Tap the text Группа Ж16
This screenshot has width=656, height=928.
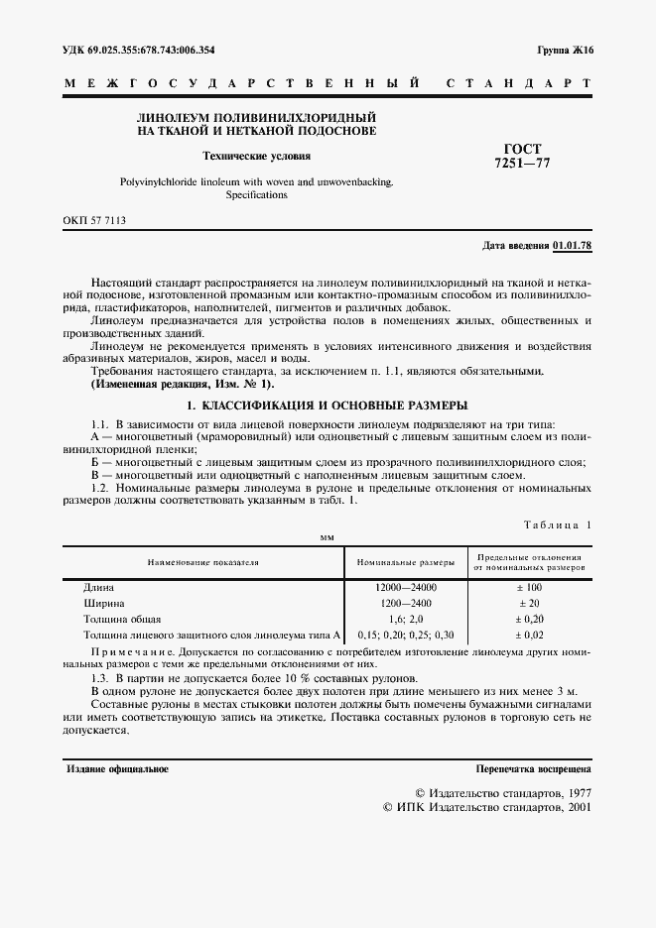565,49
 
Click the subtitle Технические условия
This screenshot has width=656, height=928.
257,156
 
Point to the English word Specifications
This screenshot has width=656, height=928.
256,195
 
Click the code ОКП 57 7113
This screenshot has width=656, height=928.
95,222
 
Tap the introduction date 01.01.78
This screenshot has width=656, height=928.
572,245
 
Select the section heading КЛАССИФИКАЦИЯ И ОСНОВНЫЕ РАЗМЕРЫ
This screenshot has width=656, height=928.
328,406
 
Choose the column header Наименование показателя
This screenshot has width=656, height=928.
203,561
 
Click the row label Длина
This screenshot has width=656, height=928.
99,587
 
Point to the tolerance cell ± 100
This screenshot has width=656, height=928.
528,587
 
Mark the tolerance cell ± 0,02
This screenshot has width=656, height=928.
528,635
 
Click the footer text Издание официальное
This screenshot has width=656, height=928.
117,768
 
